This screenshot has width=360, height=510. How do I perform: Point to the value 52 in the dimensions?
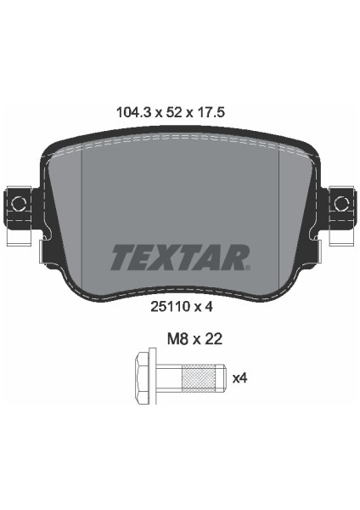174,112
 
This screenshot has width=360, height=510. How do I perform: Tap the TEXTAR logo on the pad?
180,258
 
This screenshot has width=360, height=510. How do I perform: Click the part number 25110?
170,306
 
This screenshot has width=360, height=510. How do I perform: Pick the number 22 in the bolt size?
214,339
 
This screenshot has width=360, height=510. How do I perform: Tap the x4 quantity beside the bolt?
240,378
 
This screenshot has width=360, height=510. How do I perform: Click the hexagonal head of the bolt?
142,377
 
